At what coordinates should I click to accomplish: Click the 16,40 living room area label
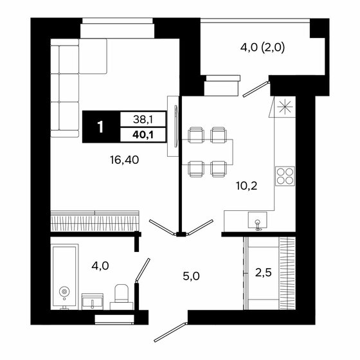[123, 158]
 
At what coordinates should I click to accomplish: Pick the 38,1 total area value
[143, 119]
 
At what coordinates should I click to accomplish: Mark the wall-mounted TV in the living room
[170, 126]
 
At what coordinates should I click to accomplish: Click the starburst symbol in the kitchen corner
[284, 107]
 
